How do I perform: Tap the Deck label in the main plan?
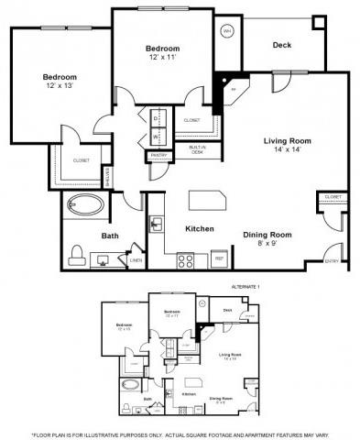click(x=281, y=43)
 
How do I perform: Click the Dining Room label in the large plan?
click(x=267, y=235)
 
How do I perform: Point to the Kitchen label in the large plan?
click(x=200, y=228)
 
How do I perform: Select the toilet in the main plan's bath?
click(x=77, y=252)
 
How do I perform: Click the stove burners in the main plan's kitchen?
click(x=185, y=258)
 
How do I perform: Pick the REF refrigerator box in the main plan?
click(x=219, y=258)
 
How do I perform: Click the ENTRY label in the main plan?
click(x=331, y=261)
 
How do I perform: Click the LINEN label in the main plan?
click(x=136, y=260)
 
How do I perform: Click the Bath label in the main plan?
click(x=110, y=236)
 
